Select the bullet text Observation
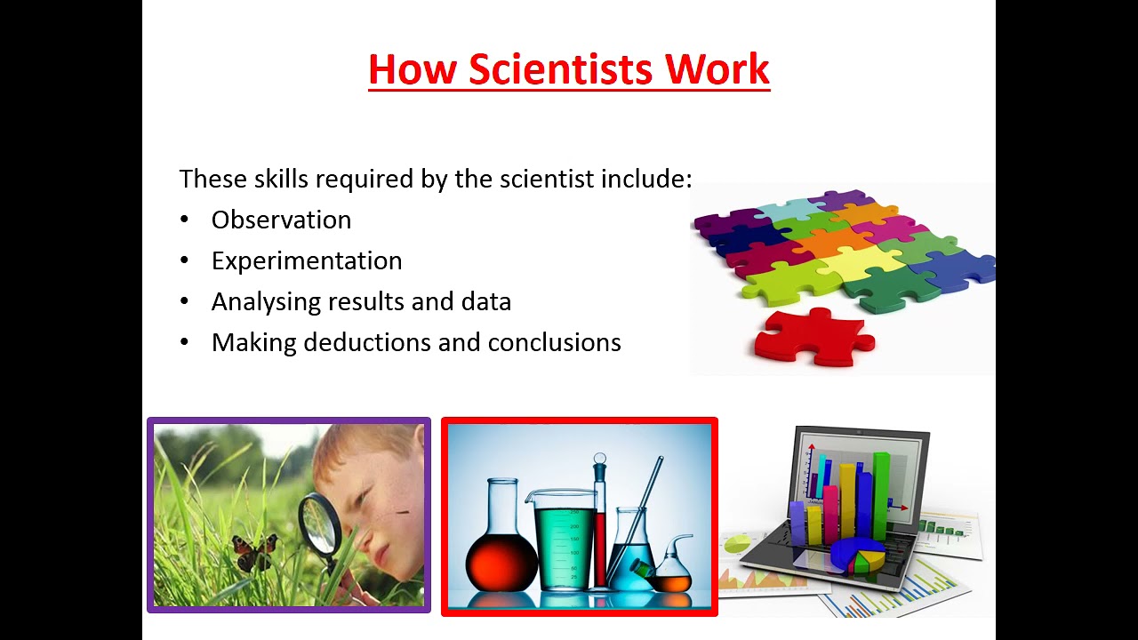point(281,220)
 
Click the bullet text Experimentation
point(307,261)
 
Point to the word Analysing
point(266,302)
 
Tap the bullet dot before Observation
point(184,220)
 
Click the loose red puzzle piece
point(811,337)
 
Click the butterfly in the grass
point(254,552)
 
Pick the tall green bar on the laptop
point(881,493)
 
